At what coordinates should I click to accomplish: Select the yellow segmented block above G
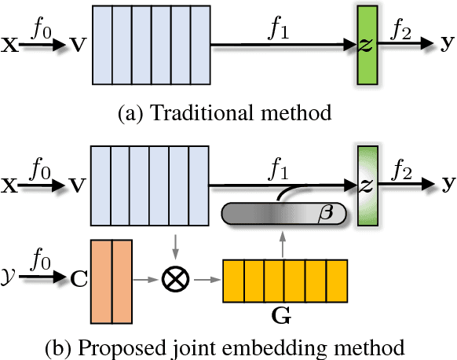285,281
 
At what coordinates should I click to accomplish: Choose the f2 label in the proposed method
403,168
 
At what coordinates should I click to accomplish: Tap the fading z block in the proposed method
366,186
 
